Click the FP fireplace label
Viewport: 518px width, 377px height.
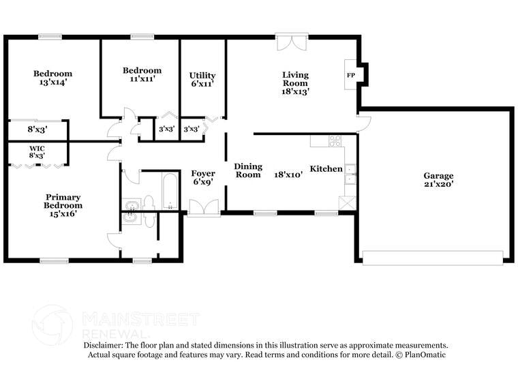351,75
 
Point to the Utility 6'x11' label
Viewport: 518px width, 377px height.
202,80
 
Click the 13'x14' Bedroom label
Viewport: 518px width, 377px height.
53,78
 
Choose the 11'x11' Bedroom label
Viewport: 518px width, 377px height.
142,74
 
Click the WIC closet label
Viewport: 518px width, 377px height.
37,151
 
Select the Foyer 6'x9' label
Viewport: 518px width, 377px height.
203,178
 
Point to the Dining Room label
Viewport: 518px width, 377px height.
247,170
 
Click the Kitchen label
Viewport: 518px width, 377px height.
326,168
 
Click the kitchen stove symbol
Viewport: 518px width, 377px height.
335,141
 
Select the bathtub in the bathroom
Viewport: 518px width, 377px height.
170,192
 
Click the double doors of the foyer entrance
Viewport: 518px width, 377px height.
204,207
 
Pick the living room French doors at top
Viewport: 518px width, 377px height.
292,42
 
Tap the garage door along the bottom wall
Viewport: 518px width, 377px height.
432,258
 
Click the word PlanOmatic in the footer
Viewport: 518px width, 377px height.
425,355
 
